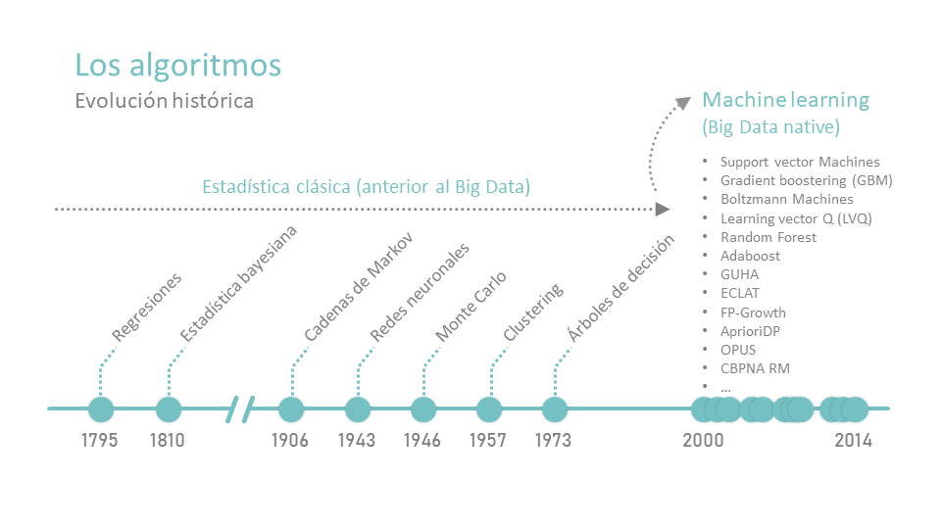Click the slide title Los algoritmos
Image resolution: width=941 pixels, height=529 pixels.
click(177, 66)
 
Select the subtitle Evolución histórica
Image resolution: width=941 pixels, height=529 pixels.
click(164, 101)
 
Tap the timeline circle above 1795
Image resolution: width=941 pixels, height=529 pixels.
click(101, 409)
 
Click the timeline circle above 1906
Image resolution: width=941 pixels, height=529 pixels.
click(291, 409)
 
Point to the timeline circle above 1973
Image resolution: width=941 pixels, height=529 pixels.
click(555, 409)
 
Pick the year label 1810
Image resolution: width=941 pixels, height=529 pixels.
click(167, 440)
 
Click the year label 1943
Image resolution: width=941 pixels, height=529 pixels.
click(357, 440)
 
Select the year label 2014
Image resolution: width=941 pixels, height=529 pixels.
click(853, 440)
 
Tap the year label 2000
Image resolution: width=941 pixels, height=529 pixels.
click(703, 440)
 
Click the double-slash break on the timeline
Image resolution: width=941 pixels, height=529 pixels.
click(240, 409)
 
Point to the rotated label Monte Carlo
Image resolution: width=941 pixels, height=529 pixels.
click(471, 307)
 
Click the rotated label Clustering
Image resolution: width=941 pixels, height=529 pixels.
click(533, 312)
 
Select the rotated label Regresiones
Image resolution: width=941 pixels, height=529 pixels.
click(146, 307)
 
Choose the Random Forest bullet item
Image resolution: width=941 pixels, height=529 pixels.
click(768, 237)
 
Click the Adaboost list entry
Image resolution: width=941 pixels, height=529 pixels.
click(750, 256)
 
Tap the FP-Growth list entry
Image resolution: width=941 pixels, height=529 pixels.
click(753, 313)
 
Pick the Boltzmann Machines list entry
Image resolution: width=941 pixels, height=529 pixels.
click(787, 199)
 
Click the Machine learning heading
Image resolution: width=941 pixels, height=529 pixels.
click(785, 100)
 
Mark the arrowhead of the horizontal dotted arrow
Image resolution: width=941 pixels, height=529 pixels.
click(663, 210)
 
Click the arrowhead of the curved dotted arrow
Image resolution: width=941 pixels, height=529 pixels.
click(683, 103)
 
